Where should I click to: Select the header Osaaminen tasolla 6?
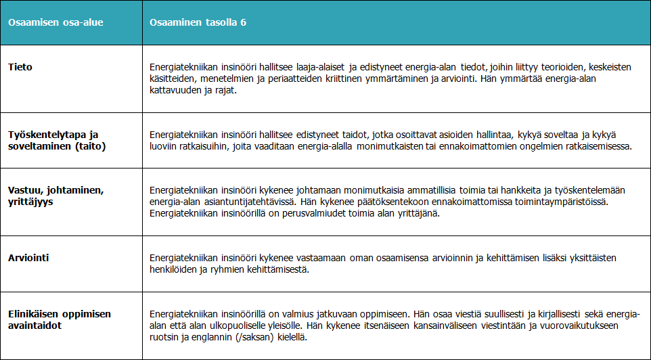pos(198,22)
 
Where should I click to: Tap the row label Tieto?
pos(20,67)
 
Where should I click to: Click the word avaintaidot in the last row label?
pos(34,325)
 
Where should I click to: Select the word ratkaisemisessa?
pos(598,146)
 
